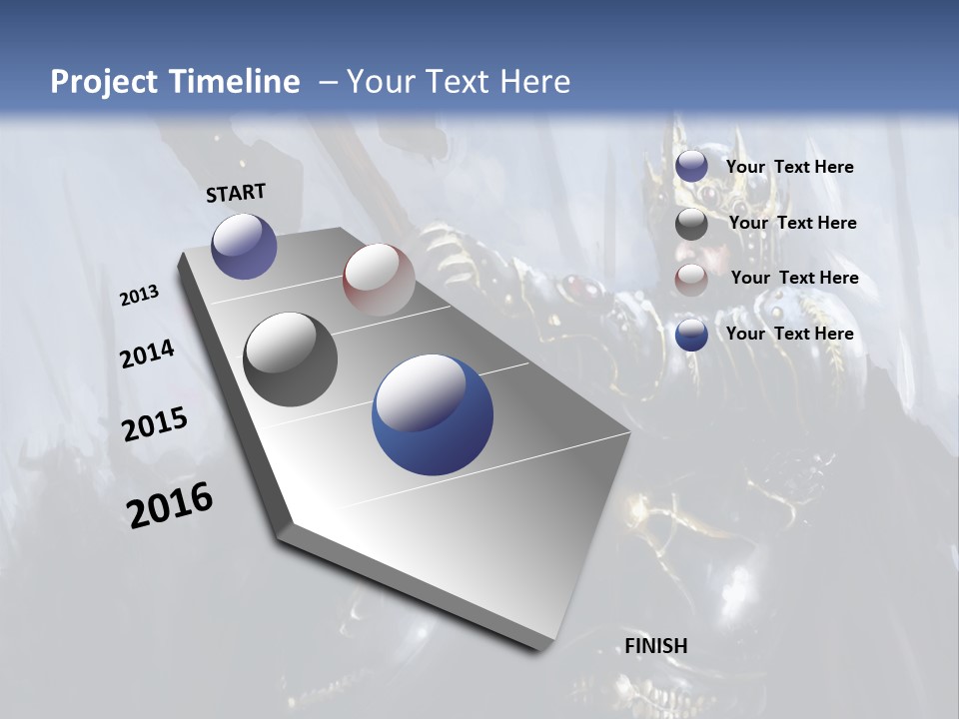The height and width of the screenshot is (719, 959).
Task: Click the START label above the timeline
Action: click(x=236, y=193)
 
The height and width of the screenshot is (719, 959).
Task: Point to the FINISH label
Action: click(x=656, y=646)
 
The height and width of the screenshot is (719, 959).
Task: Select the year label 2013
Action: click(x=139, y=296)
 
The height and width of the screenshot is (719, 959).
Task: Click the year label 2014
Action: click(x=147, y=354)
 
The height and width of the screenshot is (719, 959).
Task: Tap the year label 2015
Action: click(x=155, y=425)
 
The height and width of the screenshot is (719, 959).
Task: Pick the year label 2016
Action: click(x=170, y=505)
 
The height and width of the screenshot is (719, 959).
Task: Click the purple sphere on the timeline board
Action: click(x=244, y=246)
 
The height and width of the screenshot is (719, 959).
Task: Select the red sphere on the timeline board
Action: click(x=379, y=279)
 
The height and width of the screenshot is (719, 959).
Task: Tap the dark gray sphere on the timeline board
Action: click(x=290, y=359)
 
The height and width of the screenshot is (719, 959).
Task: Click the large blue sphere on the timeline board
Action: click(x=433, y=415)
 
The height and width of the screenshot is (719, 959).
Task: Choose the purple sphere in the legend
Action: click(x=691, y=167)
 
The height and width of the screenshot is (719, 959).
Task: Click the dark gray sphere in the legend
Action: click(x=691, y=224)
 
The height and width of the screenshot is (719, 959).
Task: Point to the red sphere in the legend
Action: click(x=691, y=280)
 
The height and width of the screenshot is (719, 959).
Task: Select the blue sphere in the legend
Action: click(x=691, y=335)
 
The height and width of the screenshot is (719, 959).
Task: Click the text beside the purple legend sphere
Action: click(x=789, y=167)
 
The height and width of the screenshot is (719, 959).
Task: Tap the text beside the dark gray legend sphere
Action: click(x=792, y=223)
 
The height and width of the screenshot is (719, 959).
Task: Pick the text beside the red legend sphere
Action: click(x=794, y=278)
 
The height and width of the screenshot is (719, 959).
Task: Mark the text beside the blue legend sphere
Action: click(x=789, y=334)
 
